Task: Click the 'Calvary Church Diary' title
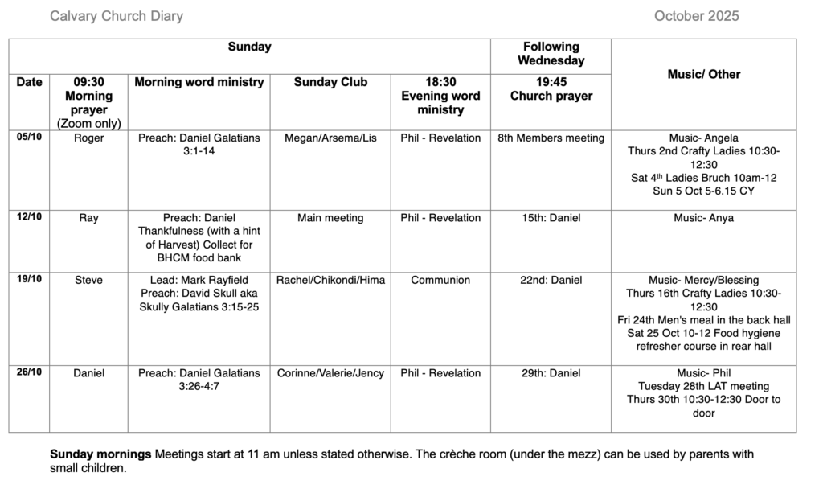point(117,16)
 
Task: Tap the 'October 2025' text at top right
point(696,16)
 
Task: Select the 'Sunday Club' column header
point(330,82)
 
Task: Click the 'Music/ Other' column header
point(704,74)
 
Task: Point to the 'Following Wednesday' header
point(551,53)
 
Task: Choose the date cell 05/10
point(29,138)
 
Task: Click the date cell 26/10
point(29,373)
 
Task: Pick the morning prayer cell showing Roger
point(88,138)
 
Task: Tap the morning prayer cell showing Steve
point(88,281)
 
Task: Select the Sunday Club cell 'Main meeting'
point(330,218)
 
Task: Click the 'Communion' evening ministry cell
point(440,281)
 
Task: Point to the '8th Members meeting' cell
point(551,138)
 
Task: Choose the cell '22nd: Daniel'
point(551,281)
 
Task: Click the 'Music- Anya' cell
point(703,218)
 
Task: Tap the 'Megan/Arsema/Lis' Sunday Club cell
point(330,138)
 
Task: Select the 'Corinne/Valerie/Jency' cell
point(330,373)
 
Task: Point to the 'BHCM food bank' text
point(199,258)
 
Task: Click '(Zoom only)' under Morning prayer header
point(88,123)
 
